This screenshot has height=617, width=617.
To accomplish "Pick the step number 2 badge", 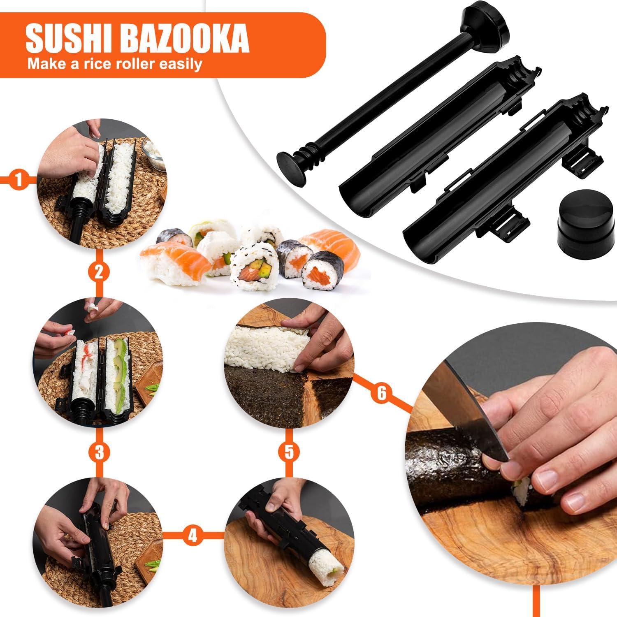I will pyautogui.click(x=99, y=272).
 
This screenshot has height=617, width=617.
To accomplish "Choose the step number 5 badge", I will pyautogui.click(x=288, y=452).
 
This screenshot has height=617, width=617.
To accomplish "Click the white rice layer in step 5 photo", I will pyautogui.click(x=267, y=343).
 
